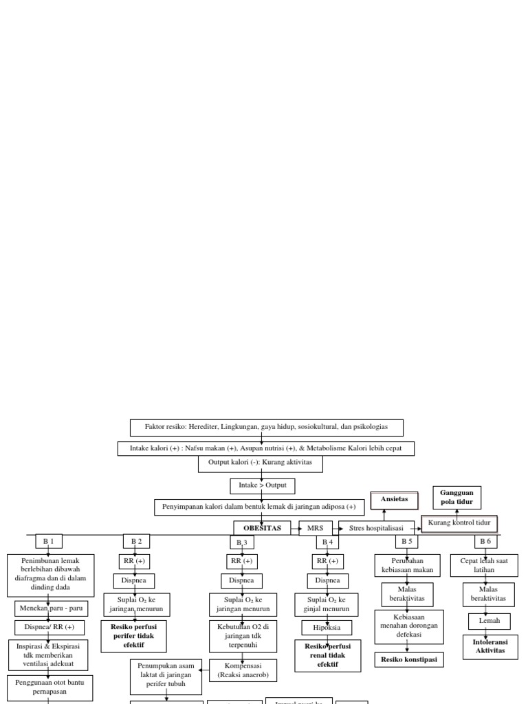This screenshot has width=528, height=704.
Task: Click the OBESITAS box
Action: pyautogui.click(x=262, y=528)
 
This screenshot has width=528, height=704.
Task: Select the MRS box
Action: pyautogui.click(x=316, y=528)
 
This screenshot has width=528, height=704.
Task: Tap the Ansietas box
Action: pyautogui.click(x=394, y=500)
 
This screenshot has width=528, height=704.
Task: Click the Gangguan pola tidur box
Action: pyautogui.click(x=456, y=498)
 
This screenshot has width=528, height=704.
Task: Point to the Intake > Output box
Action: pyautogui.click(x=262, y=486)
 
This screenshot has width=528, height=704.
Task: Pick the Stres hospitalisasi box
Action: pyautogui.click(x=376, y=528)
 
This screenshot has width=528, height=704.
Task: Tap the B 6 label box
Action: pyautogui.click(x=485, y=541)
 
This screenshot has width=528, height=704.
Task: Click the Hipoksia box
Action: pyautogui.click(x=327, y=628)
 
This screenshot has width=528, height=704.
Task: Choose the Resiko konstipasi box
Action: pyautogui.click(x=408, y=659)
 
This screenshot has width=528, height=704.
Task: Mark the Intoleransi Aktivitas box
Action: pyautogui.click(x=490, y=646)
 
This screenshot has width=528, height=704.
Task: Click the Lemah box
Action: pyautogui.click(x=489, y=621)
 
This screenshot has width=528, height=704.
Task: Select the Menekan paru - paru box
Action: pyautogui.click(x=49, y=608)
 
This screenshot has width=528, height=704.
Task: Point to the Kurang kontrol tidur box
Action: pyautogui.click(x=459, y=523)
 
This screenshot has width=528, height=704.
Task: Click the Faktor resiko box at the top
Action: pyautogui.click(x=266, y=427)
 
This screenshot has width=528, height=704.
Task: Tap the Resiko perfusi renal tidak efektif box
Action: pyautogui.click(x=327, y=655)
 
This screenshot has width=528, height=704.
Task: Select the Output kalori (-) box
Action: pyautogui.click(x=260, y=463)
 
